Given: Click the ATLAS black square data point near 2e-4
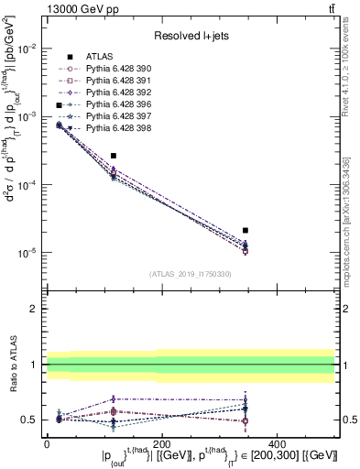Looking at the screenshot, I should (x=114, y=157).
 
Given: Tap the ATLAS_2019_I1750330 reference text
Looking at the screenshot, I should (x=190, y=274).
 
